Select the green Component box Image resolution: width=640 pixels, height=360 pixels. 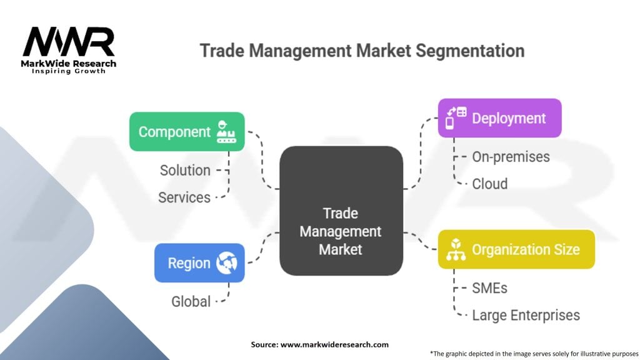point(186,132)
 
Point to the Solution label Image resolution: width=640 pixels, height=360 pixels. point(185,170)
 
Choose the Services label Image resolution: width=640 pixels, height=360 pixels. point(184,197)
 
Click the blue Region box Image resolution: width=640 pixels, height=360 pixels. point(199,262)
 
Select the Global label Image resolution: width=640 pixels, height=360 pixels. point(191,301)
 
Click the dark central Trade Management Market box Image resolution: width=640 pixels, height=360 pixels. point(341,211)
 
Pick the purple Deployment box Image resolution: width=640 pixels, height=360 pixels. point(499,118)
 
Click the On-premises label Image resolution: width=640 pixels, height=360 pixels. point(511,156)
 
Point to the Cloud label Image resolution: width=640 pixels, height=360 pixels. point(490,184)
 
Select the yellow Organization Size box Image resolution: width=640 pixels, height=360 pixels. point(516,249)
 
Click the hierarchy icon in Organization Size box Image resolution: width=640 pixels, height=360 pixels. point(453,250)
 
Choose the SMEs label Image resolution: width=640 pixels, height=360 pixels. point(489,288)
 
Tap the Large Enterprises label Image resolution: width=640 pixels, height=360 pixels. point(526,316)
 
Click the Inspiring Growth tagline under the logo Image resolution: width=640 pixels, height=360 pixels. point(69,71)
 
